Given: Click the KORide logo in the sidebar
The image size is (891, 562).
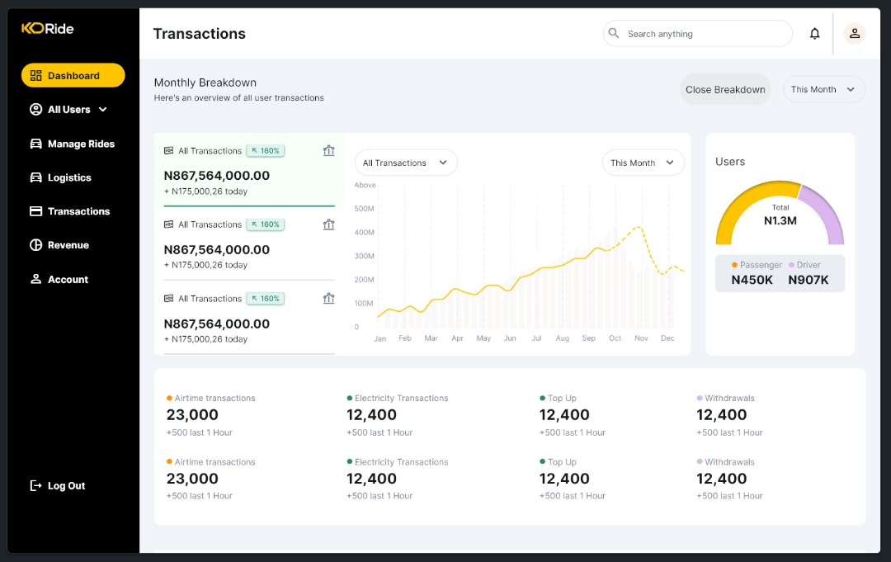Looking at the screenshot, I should pyautogui.click(x=48, y=29).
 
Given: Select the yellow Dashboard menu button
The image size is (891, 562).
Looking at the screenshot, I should pyautogui.click(x=73, y=76).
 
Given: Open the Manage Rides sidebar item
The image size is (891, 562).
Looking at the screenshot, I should pyautogui.click(x=72, y=144).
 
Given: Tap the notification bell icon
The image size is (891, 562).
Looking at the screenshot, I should pyautogui.click(x=814, y=34).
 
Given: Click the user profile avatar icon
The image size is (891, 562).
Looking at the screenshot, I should pyautogui.click(x=855, y=34).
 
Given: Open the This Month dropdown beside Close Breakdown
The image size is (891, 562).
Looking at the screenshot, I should pyautogui.click(x=823, y=90).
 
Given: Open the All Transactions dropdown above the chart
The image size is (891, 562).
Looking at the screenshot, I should pyautogui.click(x=405, y=163).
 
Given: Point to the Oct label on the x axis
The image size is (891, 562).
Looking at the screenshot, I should pyautogui.click(x=615, y=338).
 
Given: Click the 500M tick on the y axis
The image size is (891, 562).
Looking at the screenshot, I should pyautogui.click(x=364, y=209).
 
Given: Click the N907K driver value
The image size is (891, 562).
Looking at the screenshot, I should pyautogui.click(x=808, y=280).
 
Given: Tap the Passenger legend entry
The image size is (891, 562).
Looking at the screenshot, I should pyautogui.click(x=757, y=265).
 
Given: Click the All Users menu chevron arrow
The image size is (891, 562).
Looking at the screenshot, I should pyautogui.click(x=103, y=110).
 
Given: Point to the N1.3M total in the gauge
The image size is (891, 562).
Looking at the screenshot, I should pyautogui.click(x=780, y=220).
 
